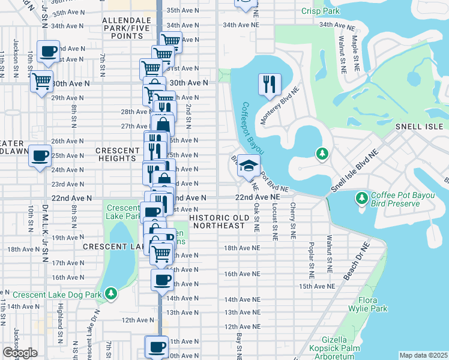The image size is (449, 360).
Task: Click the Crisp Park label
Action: click(321, 11)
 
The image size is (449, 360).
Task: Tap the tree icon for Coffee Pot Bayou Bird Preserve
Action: click(361, 197)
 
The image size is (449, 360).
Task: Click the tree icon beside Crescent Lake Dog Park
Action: click(110, 293)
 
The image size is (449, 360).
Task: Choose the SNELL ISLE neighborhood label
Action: click(419, 127)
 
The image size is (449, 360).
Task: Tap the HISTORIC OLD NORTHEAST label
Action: click(217, 221)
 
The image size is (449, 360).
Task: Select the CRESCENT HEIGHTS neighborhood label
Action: click(116, 154)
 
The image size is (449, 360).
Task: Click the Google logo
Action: click(20, 352)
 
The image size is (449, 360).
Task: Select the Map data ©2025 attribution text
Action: click(423, 355)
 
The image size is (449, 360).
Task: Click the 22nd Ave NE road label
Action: click(257, 197)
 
